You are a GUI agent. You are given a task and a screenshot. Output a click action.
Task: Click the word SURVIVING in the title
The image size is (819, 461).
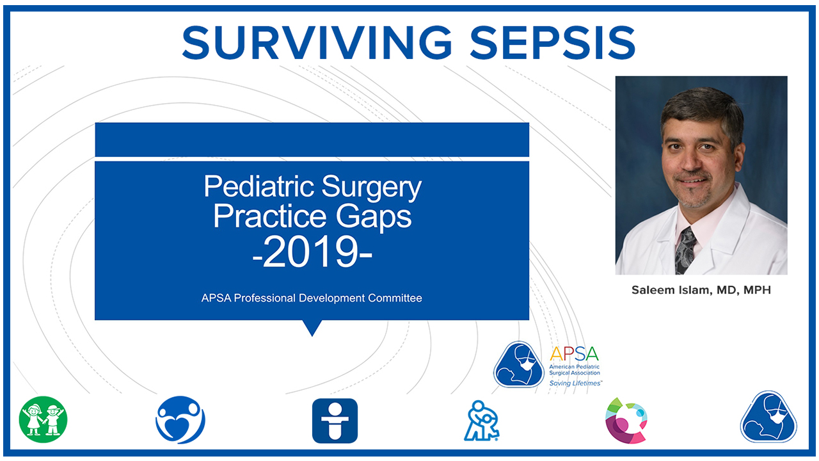coord(317,43)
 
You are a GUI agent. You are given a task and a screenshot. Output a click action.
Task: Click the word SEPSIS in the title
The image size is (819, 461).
coord(553,43)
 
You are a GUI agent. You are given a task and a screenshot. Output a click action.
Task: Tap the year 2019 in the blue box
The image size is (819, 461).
coord(313,252)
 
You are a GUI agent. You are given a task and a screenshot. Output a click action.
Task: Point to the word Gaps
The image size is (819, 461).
coord(374,216)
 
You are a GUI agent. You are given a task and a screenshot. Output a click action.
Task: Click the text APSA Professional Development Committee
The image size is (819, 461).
coord(312,298)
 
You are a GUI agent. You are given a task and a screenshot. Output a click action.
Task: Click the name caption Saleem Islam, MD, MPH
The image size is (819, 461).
coord(701,290)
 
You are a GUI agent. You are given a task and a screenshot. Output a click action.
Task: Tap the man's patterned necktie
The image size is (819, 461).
coord(685,250)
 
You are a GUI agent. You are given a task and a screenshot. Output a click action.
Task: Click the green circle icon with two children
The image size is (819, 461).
coord(43,419)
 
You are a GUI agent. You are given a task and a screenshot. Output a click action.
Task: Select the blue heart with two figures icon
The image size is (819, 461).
coord(180,419)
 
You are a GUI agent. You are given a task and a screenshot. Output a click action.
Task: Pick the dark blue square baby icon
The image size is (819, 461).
coord(335,421)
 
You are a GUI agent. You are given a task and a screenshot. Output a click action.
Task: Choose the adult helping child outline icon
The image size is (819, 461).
coord(482,421)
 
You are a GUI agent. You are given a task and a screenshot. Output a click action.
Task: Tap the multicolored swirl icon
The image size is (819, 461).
coord(626,421)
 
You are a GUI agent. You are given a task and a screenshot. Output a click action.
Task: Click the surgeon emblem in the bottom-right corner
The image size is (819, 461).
coord(768,417)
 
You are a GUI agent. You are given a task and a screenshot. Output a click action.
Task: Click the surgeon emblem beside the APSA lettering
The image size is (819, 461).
coord(518,364)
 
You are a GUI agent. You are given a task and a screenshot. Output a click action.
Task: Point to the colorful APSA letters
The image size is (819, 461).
coord(574,354)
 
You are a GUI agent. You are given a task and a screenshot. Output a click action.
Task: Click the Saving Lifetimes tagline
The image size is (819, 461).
coord(575,383)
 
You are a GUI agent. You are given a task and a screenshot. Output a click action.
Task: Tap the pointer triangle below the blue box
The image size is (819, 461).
coord(312,327)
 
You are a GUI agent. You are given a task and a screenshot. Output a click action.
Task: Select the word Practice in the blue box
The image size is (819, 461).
coord(270,216)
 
